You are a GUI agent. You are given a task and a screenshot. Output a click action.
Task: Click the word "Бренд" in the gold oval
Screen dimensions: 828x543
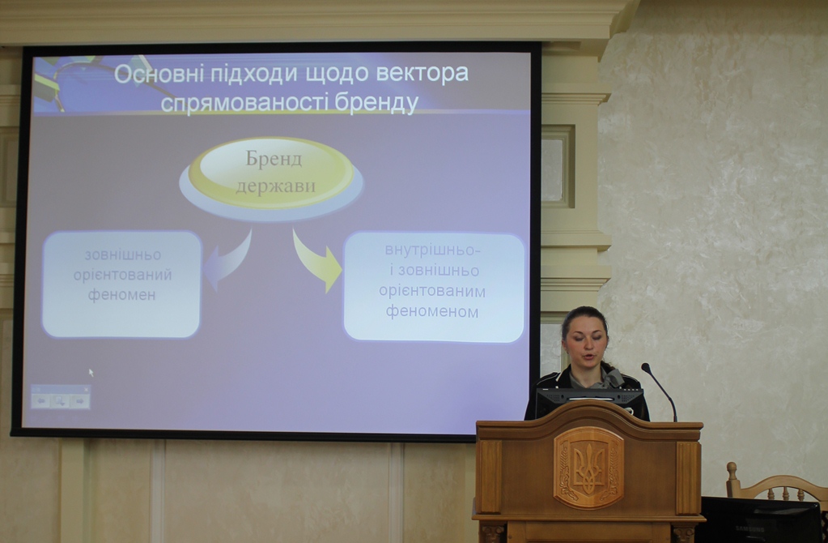pyautogui.click(x=274, y=159)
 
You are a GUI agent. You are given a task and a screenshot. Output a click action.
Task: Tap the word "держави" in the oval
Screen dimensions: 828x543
pyautogui.click(x=275, y=186)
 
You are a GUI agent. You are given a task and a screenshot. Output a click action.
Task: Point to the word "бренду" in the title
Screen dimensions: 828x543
pyautogui.click(x=376, y=103)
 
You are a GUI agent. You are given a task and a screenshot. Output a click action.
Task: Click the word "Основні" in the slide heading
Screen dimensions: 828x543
pyautogui.click(x=159, y=74)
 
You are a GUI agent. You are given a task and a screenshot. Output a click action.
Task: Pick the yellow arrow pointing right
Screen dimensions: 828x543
pyautogui.click(x=316, y=261)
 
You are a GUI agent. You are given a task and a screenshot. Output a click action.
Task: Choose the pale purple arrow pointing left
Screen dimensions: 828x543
pyautogui.click(x=227, y=261)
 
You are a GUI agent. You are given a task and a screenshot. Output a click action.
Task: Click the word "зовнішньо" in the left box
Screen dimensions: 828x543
pyautogui.click(x=122, y=254)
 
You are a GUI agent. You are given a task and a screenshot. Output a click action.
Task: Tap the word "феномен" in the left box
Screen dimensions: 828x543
pyautogui.click(x=121, y=294)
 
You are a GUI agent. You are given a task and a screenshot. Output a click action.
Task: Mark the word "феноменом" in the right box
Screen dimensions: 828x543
pyautogui.click(x=432, y=311)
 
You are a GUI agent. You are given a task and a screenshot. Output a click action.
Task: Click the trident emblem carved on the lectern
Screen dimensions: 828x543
pyautogui.click(x=588, y=468)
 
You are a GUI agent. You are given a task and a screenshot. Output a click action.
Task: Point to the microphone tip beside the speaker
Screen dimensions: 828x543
pyautogui.click(x=645, y=366)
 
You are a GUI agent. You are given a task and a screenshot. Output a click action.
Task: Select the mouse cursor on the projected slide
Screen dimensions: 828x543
pyautogui.click(x=91, y=372)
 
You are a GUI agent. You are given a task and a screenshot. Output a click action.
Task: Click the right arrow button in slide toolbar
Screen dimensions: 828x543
pyautogui.click(x=79, y=401)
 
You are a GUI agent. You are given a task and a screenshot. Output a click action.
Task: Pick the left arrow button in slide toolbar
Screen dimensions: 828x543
pyautogui.click(x=40, y=401)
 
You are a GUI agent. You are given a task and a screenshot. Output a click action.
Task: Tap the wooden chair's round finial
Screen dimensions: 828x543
pyautogui.click(x=732, y=469)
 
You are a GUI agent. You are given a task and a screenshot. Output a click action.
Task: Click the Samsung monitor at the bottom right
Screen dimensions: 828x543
pyautogui.click(x=759, y=520)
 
